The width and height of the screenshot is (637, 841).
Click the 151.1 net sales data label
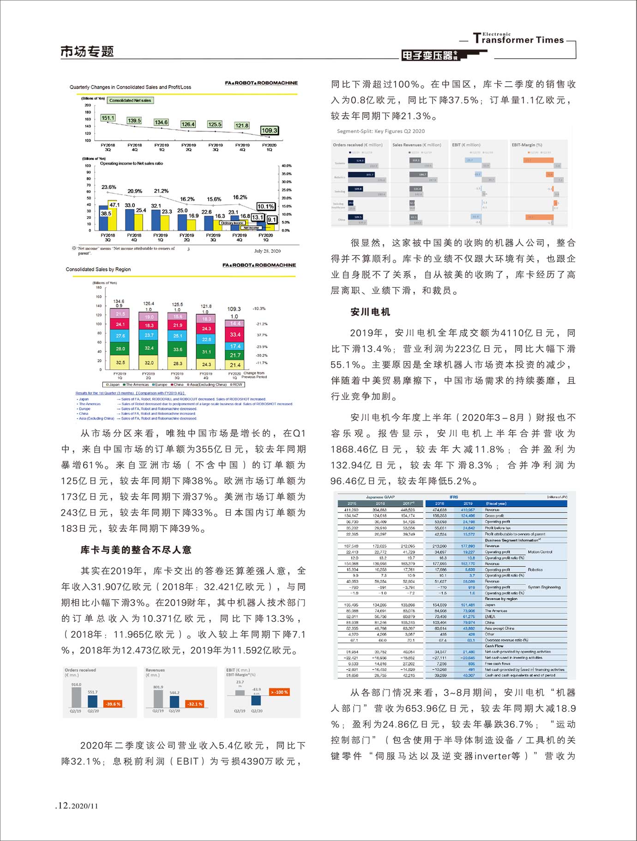[x=108, y=118]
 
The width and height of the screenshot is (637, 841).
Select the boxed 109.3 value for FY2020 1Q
[x=269, y=130]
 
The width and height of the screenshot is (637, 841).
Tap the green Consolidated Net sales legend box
[x=130, y=100]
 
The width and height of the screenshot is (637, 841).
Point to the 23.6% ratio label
[x=108, y=187]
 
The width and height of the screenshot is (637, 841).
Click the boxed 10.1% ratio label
[x=266, y=207]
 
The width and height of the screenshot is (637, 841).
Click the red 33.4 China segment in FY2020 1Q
[x=235, y=335]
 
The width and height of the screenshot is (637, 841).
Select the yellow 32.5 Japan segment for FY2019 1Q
[x=120, y=362]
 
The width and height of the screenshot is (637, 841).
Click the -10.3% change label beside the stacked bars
[x=259, y=308]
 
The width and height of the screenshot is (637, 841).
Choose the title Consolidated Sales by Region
[x=98, y=269]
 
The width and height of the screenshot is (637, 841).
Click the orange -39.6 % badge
[x=113, y=704]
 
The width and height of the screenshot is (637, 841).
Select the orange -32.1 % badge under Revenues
[x=194, y=704]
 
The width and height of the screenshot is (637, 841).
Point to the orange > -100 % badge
[x=280, y=692]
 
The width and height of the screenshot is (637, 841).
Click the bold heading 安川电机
[x=370, y=312]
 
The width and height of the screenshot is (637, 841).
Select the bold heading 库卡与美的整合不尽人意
[x=136, y=550]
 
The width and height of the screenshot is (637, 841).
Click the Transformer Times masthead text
[x=518, y=39]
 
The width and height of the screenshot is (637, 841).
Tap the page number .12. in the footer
[x=63, y=805]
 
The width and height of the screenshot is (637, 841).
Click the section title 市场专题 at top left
[x=87, y=51]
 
